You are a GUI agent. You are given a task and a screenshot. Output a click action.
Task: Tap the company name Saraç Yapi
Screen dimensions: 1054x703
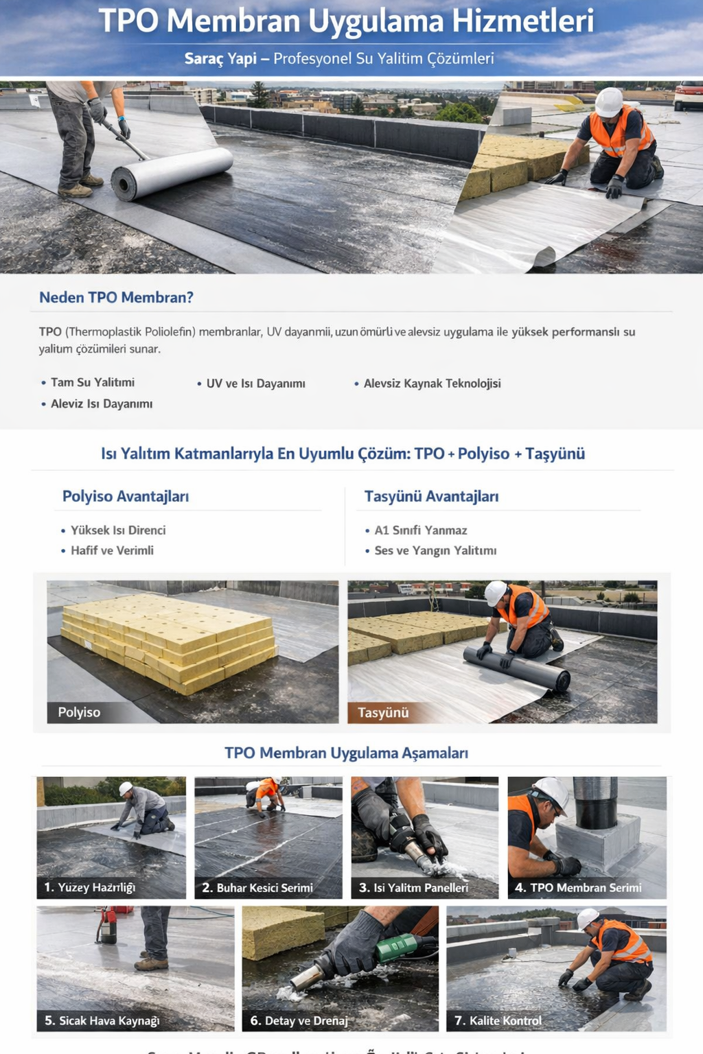[x=220, y=58]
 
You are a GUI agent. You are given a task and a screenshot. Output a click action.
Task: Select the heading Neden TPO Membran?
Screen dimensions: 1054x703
[x=116, y=297]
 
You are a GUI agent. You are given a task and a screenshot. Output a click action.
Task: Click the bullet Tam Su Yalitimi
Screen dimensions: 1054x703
[x=92, y=382]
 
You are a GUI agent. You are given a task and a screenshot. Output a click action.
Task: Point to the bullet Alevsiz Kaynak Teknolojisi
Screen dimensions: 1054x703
[x=432, y=383]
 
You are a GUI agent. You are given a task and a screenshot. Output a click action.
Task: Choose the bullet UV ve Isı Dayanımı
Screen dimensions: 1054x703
[x=255, y=383]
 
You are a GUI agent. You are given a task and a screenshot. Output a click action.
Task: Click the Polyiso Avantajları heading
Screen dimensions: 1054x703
[x=126, y=496]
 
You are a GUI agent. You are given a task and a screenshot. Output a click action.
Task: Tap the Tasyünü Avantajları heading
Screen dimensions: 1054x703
[x=431, y=496]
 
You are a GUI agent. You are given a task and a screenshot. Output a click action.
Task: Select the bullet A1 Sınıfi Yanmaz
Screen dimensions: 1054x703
[x=420, y=530]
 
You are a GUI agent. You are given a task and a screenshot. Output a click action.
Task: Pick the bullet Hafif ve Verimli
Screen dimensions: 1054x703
[x=112, y=550]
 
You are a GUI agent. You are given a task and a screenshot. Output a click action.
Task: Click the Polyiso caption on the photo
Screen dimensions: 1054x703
[x=79, y=712]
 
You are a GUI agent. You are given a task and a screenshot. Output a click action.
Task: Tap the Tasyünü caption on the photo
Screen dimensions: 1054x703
[x=383, y=712]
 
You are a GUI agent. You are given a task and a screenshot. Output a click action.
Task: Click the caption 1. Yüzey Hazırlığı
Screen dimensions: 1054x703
[x=89, y=887]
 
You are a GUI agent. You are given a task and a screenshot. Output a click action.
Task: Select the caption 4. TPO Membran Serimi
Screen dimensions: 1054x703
[x=578, y=887]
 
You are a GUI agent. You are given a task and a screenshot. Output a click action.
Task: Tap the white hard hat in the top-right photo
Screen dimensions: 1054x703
[x=608, y=102]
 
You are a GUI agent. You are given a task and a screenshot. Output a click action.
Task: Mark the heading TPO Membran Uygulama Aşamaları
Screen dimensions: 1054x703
[x=346, y=753]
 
